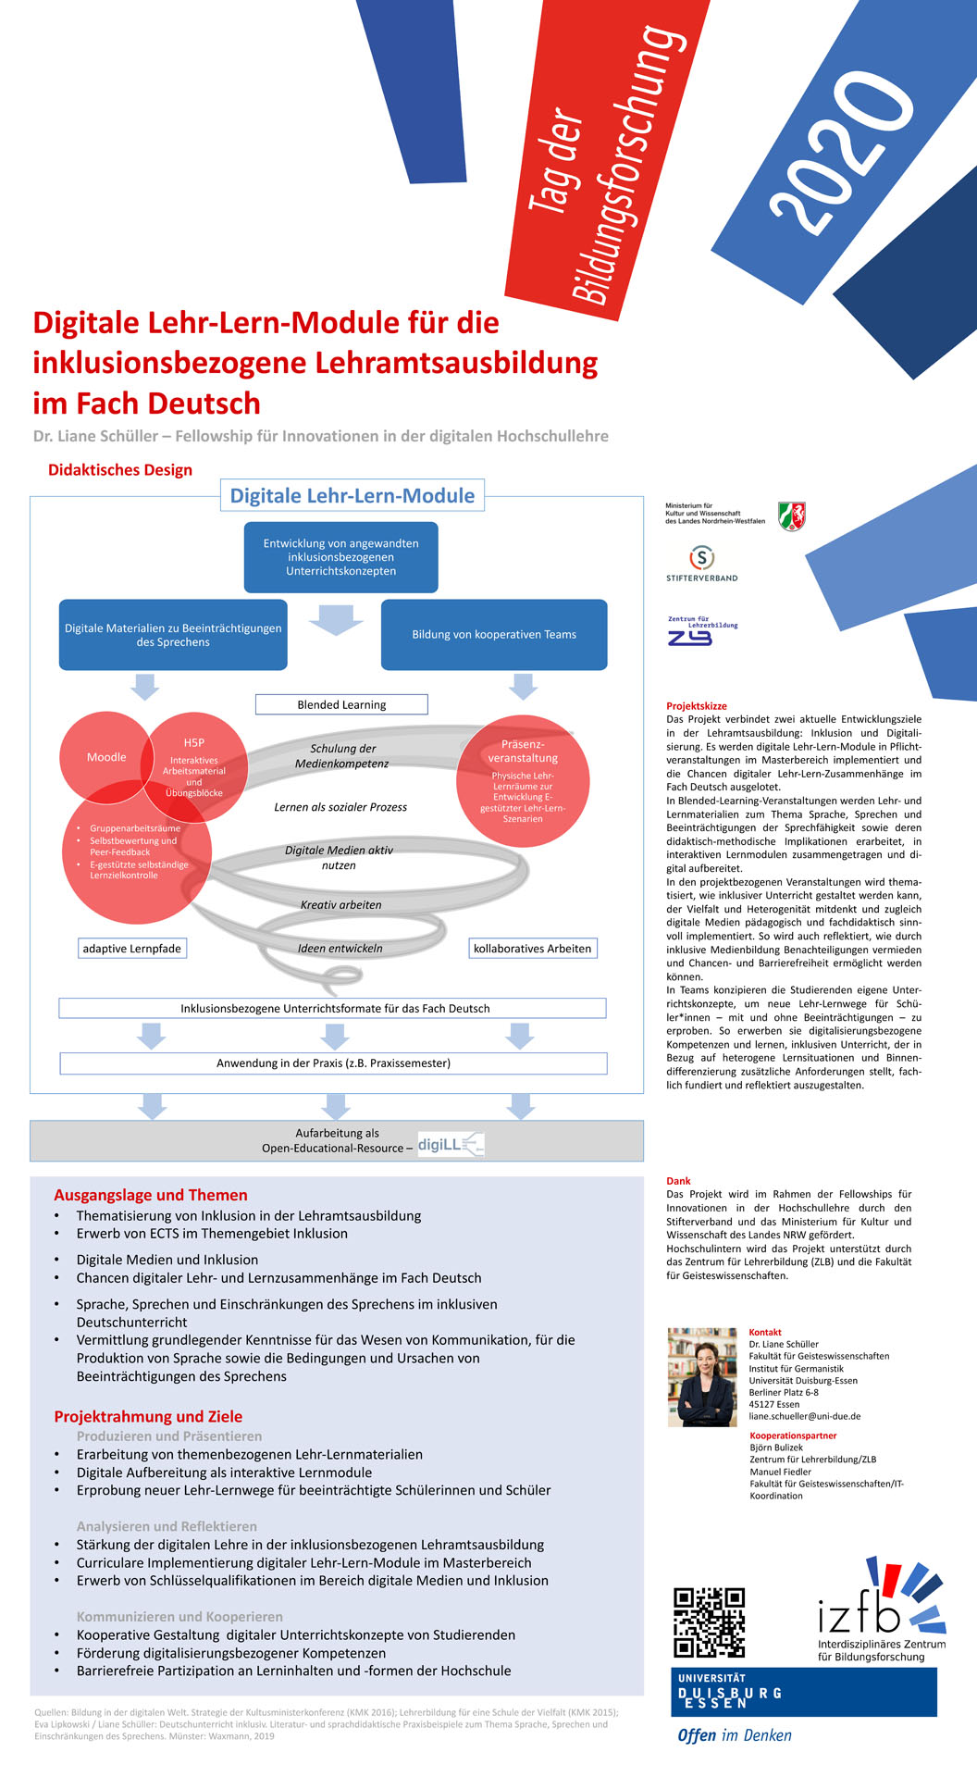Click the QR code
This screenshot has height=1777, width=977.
click(x=709, y=1622)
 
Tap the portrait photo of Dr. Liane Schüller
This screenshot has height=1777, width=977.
click(x=702, y=1376)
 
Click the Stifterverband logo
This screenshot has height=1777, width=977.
click(x=702, y=563)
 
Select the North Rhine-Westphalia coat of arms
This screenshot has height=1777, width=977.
click(x=791, y=516)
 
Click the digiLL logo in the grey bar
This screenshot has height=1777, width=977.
click(x=451, y=1145)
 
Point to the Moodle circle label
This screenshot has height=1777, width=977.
click(x=106, y=757)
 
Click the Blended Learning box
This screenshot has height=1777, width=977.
click(x=341, y=704)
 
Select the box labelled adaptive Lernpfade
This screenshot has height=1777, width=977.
click(x=131, y=949)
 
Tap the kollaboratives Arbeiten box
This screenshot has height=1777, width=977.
click(x=532, y=949)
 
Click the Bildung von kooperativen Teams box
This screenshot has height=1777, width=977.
click(x=494, y=635)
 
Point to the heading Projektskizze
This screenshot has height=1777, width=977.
click(x=697, y=706)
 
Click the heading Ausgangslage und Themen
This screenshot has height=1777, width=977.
click(x=151, y=1195)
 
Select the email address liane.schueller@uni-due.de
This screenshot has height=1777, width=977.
click(x=805, y=1416)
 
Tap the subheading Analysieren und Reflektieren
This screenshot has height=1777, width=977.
click(x=167, y=1526)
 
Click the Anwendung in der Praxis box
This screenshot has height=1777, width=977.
click(x=333, y=1063)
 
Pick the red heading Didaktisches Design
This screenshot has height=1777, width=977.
click(x=120, y=470)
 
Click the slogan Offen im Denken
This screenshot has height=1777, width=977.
click(x=735, y=1735)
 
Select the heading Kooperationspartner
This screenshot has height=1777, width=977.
click(x=793, y=1435)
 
